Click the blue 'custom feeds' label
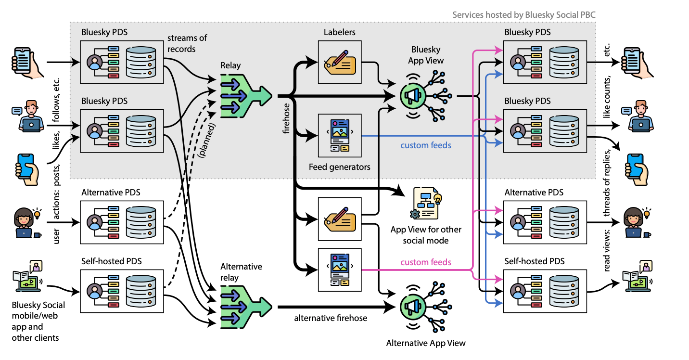[x=426, y=145]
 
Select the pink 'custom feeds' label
[x=426, y=262]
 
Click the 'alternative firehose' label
[x=331, y=318]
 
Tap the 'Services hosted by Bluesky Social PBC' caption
[x=524, y=15]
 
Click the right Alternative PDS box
[x=545, y=222]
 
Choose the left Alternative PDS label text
[x=111, y=192]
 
